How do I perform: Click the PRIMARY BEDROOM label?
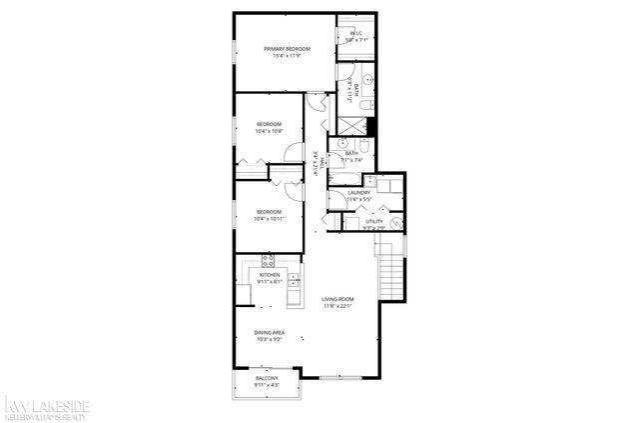(x=287, y=48)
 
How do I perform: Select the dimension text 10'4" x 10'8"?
(x=269, y=131)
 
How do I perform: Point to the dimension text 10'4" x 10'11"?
(x=269, y=218)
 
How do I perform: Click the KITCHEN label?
(x=270, y=274)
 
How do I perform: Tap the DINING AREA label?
(x=270, y=333)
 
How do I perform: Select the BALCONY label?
(x=268, y=377)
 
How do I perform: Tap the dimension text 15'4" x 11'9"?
(x=287, y=55)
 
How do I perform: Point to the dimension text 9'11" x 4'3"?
(x=268, y=384)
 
